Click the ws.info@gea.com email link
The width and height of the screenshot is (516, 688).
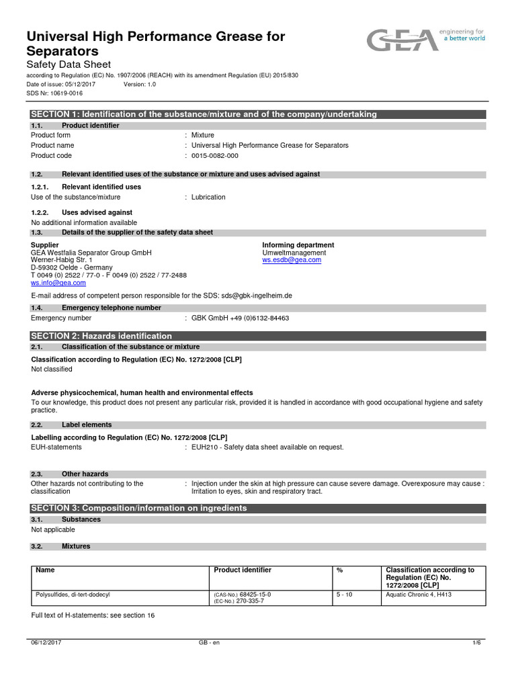(58, 283)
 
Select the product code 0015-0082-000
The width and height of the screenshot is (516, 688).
(215, 156)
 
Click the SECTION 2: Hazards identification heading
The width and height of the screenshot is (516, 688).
(101, 336)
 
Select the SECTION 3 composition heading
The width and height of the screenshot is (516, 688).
(139, 508)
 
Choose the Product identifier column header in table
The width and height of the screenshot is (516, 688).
(243, 570)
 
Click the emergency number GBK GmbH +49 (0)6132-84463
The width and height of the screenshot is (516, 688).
(241, 318)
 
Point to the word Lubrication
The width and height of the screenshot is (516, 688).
(208, 198)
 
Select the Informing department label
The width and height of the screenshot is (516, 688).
(298, 245)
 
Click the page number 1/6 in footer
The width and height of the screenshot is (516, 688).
(476, 643)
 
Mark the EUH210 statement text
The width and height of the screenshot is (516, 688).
(267, 447)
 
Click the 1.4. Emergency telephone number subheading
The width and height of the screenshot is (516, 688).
(111, 308)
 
